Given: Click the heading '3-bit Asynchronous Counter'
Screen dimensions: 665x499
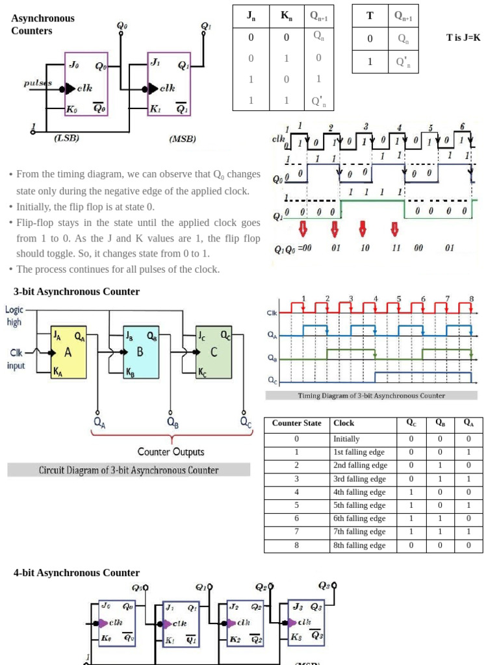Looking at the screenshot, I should coord(77,292).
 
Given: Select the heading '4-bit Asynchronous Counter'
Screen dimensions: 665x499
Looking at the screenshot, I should coord(77,573).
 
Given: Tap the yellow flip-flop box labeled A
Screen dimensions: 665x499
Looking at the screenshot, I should coord(68,352).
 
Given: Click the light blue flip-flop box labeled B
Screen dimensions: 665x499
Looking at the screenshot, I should coord(140,352).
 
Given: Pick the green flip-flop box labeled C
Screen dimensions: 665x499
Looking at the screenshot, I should coord(214,352).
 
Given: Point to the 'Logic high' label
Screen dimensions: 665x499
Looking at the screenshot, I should coord(14,316).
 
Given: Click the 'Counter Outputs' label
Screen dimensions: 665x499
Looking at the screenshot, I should coord(171,452).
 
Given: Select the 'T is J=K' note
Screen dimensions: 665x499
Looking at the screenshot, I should coord(464,38).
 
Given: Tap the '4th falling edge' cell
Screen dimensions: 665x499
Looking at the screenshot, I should coord(359,492).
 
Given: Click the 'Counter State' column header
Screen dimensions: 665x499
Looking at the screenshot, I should coord(296,423).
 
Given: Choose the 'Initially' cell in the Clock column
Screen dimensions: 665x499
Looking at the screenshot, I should coord(346,439).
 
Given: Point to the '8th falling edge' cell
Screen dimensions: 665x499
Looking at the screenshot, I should coord(359,546).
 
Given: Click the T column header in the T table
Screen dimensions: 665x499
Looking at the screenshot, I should coord(370,16).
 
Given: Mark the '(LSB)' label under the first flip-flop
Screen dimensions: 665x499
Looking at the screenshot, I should coord(66,138).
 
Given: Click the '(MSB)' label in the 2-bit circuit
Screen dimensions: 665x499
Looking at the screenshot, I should coord(182,139).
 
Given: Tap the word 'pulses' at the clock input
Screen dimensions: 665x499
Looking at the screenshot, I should coord(38,83).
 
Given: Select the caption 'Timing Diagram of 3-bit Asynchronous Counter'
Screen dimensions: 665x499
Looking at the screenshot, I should coord(371,395).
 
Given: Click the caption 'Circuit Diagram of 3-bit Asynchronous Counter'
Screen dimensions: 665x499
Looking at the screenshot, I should coord(129,470).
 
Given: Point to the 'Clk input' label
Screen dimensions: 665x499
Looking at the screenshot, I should coord(16,359).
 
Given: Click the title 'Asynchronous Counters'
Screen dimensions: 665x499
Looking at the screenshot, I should coord(43,24).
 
